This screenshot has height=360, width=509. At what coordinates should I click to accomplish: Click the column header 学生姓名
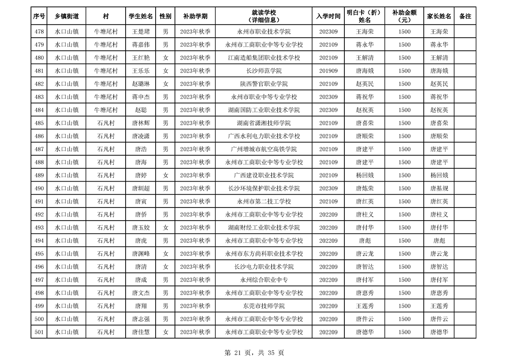point(141,16)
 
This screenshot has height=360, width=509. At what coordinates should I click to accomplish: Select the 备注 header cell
point(465,16)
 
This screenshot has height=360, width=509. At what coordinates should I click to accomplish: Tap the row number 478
point(39,32)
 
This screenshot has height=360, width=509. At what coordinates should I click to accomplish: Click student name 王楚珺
point(141,32)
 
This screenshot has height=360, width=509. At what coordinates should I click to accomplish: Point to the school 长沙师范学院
point(264,71)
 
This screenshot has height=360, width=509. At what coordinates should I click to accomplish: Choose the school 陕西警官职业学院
point(264,84)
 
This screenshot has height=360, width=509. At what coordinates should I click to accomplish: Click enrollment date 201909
point(328,71)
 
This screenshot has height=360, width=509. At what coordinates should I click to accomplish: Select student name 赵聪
point(141,110)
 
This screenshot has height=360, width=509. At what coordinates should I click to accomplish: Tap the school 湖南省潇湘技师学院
point(264,123)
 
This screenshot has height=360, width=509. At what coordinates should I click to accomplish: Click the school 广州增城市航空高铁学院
point(264,149)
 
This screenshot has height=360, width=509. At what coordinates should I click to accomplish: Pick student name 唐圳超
point(141,188)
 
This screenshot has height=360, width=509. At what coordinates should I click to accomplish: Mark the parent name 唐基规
point(439,188)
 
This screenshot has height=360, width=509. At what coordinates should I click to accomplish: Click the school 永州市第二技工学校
point(264,202)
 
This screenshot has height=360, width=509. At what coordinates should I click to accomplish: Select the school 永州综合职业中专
point(264,280)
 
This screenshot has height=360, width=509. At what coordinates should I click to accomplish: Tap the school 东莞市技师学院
point(264,306)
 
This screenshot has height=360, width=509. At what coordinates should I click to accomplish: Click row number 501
point(39,332)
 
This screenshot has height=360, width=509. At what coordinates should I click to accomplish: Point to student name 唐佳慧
point(141,332)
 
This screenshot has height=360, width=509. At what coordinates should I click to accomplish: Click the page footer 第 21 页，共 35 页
point(254,352)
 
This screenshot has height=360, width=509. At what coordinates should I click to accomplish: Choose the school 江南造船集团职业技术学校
point(264,58)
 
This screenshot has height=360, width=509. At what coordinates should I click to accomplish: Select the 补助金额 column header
point(404,16)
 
